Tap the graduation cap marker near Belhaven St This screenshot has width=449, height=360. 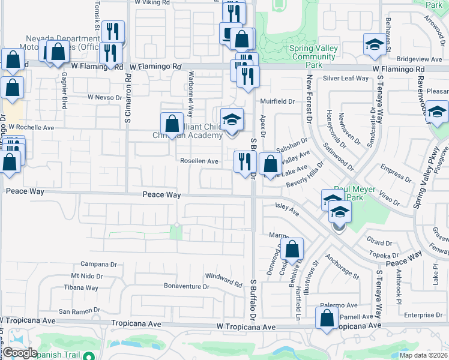pyautogui.click(x=375, y=45)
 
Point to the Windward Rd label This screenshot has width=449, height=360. pyautogui.click(x=223, y=279)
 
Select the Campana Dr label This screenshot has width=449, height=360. pyautogui.click(x=98, y=264)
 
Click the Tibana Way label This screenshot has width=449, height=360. pyautogui.click(x=82, y=288)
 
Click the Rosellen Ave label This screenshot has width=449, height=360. pyautogui.click(x=199, y=161)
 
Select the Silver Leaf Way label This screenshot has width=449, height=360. pyautogui.click(x=346, y=79)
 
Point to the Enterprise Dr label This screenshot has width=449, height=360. pyautogui.click(x=423, y=315)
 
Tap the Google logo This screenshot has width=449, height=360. pyautogui.click(x=19, y=353)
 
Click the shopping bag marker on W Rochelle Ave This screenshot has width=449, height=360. pyautogui.click(x=172, y=124)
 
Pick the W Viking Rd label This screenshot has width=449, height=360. pyautogui.click(x=152, y=2)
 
